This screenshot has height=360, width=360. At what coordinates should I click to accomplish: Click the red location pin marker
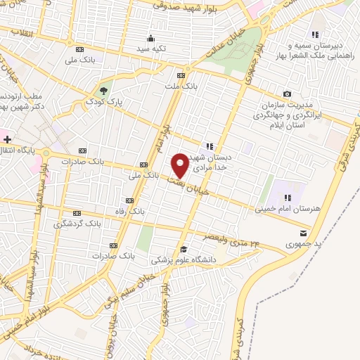180,165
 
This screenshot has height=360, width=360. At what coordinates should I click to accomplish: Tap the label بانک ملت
181,86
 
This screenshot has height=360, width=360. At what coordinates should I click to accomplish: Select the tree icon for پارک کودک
104,90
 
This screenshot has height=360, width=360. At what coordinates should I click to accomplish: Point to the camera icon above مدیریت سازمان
287,94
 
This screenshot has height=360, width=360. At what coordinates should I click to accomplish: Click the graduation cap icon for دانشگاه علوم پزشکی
184,249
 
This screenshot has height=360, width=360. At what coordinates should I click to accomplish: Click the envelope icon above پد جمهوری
303,233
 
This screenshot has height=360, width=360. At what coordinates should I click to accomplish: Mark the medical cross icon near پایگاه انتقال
7,140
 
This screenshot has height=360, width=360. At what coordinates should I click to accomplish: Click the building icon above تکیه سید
150,38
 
